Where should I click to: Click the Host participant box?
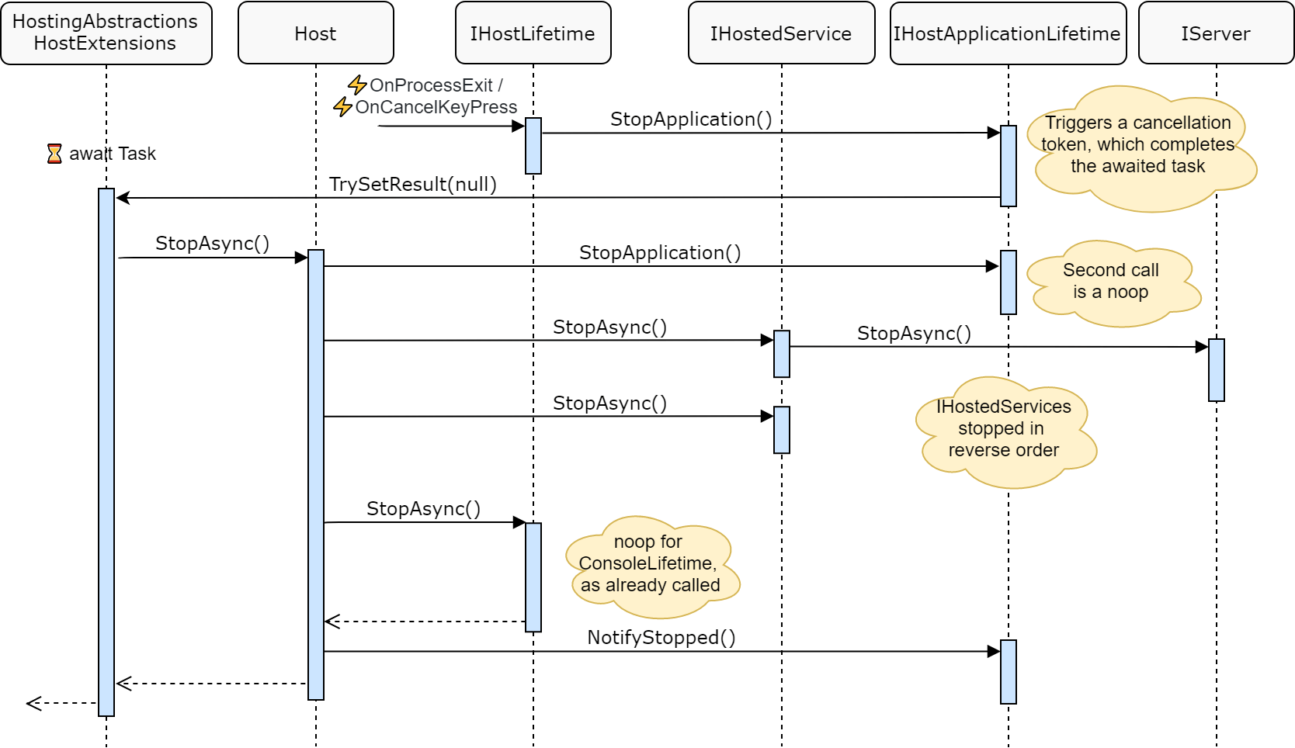(x=315, y=33)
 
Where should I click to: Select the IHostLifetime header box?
(x=533, y=33)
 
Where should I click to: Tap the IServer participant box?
(x=1215, y=33)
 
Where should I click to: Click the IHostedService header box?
(x=781, y=33)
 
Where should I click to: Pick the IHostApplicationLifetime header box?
(x=1007, y=33)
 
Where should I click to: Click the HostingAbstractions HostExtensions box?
(x=106, y=33)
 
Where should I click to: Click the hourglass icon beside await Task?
(x=54, y=154)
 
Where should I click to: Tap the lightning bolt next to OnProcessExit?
(x=357, y=85)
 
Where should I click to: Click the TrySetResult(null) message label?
(x=412, y=185)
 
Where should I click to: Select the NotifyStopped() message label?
(x=661, y=638)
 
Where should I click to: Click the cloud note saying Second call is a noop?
(x=1111, y=282)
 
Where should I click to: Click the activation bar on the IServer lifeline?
(x=1216, y=370)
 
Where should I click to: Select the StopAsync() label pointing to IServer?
(x=914, y=334)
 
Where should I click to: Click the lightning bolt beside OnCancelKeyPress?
(x=342, y=106)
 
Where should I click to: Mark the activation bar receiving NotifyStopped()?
(x=1008, y=672)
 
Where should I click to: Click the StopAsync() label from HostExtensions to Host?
(x=212, y=244)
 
